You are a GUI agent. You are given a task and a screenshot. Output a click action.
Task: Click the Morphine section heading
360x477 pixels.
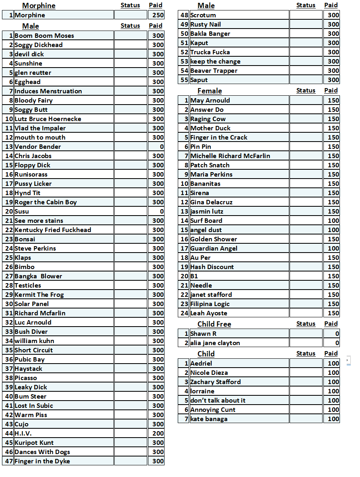pyautogui.click(x=39, y=6)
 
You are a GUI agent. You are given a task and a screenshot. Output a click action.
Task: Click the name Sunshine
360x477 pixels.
pyautogui.click(x=29, y=64)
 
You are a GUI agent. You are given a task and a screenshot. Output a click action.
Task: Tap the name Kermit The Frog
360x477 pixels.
pyautogui.click(x=39, y=295)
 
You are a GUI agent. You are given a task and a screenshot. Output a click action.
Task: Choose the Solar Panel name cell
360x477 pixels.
pyautogui.click(x=32, y=304)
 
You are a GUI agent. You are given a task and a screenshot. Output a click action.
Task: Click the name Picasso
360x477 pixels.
pyautogui.click(x=26, y=378)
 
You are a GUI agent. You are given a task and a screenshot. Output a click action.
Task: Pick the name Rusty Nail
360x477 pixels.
pyautogui.click(x=206, y=25)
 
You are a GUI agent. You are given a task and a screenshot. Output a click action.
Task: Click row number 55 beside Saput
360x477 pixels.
pyautogui.click(x=184, y=80)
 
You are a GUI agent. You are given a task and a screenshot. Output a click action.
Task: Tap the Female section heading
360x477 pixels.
pyautogui.click(x=210, y=91)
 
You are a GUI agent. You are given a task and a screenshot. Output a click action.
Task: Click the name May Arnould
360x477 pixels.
pyautogui.click(x=210, y=101)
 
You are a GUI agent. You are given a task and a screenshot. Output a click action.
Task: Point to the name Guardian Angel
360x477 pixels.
pyautogui.click(x=214, y=249)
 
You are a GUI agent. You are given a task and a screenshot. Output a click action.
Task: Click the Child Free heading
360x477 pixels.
pyautogui.click(x=214, y=324)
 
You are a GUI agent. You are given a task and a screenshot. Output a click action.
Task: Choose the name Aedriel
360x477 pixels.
pyautogui.click(x=201, y=364)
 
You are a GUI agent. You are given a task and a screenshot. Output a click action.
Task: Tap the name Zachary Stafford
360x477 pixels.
pyautogui.click(x=216, y=382)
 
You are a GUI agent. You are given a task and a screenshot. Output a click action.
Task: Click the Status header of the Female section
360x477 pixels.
pyautogui.click(x=306, y=90)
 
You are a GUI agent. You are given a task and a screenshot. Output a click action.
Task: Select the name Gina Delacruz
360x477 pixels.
pyautogui.click(x=211, y=202)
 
